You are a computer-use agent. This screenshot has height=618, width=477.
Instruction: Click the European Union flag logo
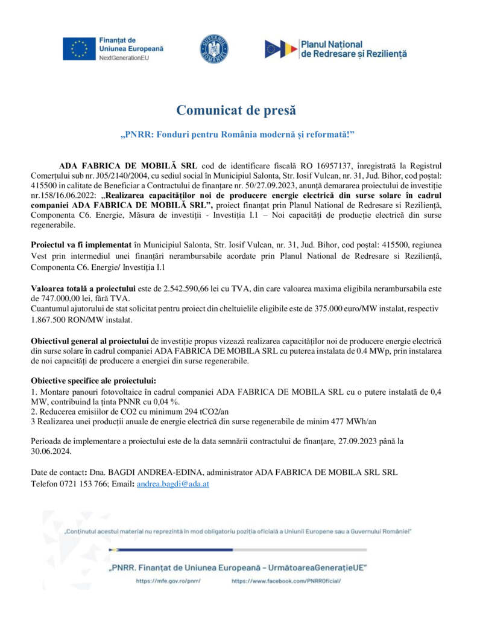pos(79,49)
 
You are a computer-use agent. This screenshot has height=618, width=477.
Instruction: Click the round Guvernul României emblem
pos(214,49)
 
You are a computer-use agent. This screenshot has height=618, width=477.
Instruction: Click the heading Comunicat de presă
pos(236,110)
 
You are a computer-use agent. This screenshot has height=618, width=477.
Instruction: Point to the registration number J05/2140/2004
pos(113,175)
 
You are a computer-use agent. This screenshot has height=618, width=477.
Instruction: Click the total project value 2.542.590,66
pos(192,288)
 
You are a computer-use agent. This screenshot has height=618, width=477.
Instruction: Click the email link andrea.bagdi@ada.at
pos(172,484)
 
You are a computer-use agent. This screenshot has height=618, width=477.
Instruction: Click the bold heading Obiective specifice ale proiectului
pos(93,381)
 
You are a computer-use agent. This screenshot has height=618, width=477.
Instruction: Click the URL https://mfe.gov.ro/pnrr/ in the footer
pos(168,581)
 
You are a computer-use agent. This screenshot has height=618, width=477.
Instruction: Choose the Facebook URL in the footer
pos(286,581)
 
